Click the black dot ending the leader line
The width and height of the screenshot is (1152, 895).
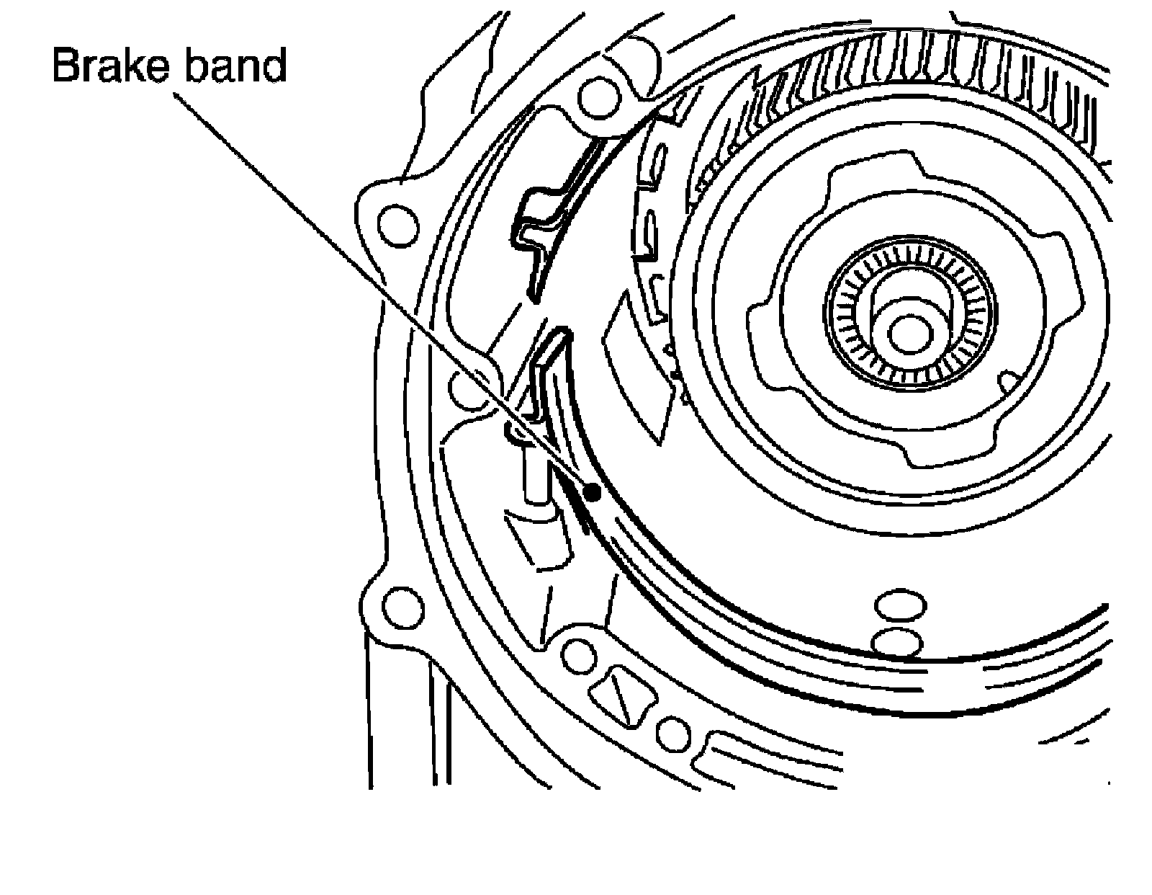[593, 493]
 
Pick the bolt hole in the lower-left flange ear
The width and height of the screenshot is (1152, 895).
[398, 606]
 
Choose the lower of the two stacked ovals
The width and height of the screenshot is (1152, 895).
[896, 641]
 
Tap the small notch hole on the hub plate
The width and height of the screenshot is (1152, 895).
[1008, 380]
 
